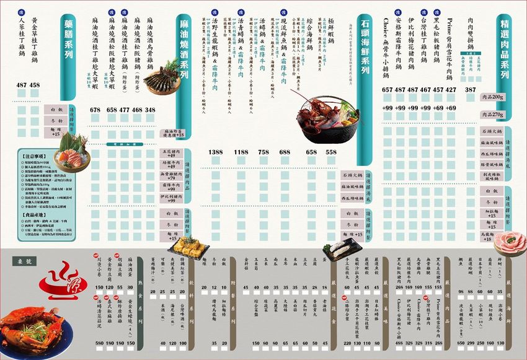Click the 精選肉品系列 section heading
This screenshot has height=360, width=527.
[504, 52]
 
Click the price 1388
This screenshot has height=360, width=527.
[216, 152]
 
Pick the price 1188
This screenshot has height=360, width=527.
[241, 152]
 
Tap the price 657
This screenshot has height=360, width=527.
[388, 90]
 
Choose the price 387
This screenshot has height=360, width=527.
[469, 90]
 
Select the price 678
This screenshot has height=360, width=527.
[95, 110]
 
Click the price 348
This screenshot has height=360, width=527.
[151, 110]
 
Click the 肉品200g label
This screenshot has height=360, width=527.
[494, 97]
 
